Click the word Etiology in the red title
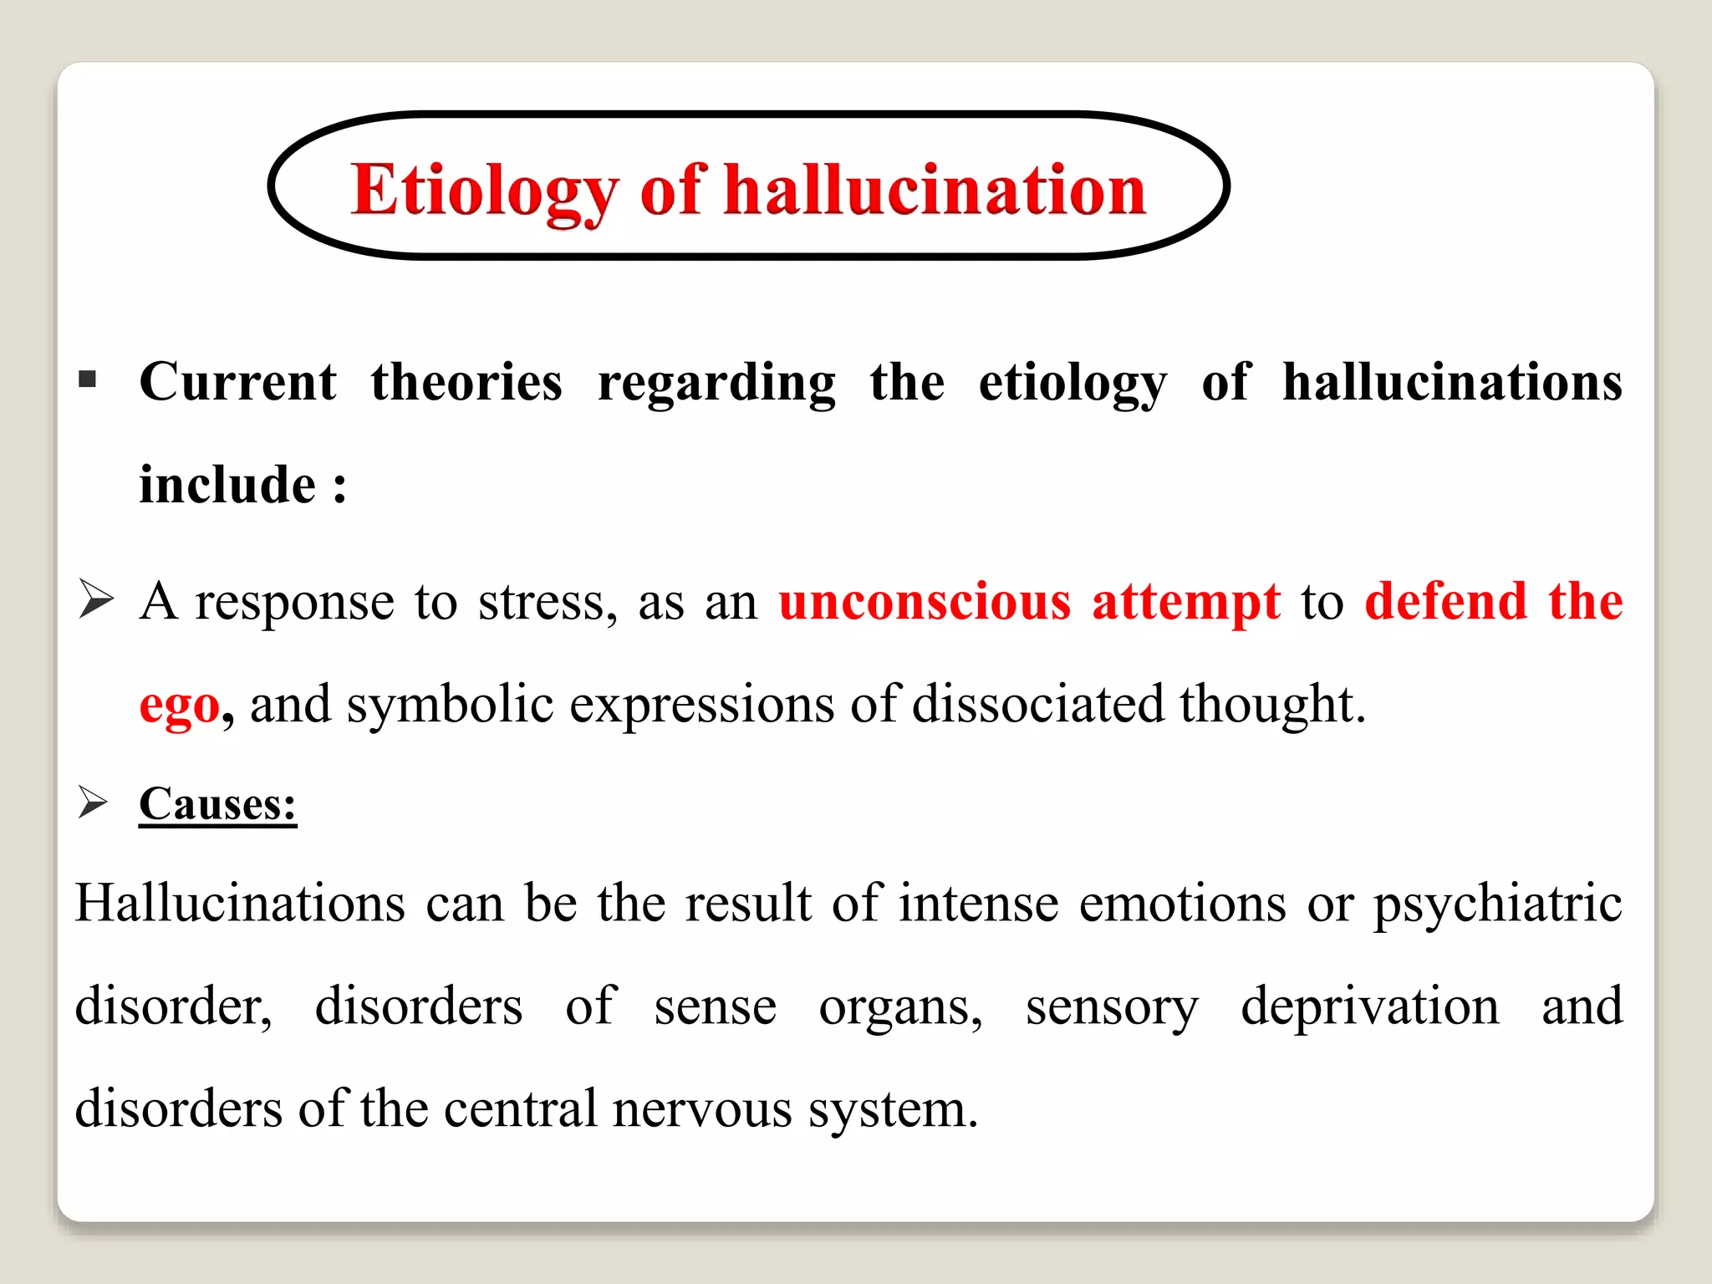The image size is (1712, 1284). tap(483, 191)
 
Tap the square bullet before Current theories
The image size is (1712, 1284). tap(87, 381)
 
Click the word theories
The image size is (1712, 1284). tap(466, 383)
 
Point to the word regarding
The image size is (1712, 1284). tap(716, 385)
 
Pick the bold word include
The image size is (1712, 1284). tap(227, 485)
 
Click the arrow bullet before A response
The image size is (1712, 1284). tap(95, 599)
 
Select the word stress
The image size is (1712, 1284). tap(547, 602)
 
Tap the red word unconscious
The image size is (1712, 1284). tap(925, 602)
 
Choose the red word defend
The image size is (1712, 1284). tap(1446, 602)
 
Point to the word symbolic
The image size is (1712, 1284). tap(450, 706)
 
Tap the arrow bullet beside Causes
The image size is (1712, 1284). tap(93, 802)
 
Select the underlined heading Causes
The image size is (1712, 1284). tap(217, 804)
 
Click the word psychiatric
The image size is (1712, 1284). tap(1497, 904)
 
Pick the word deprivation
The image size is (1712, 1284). tap(1369, 1006)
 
